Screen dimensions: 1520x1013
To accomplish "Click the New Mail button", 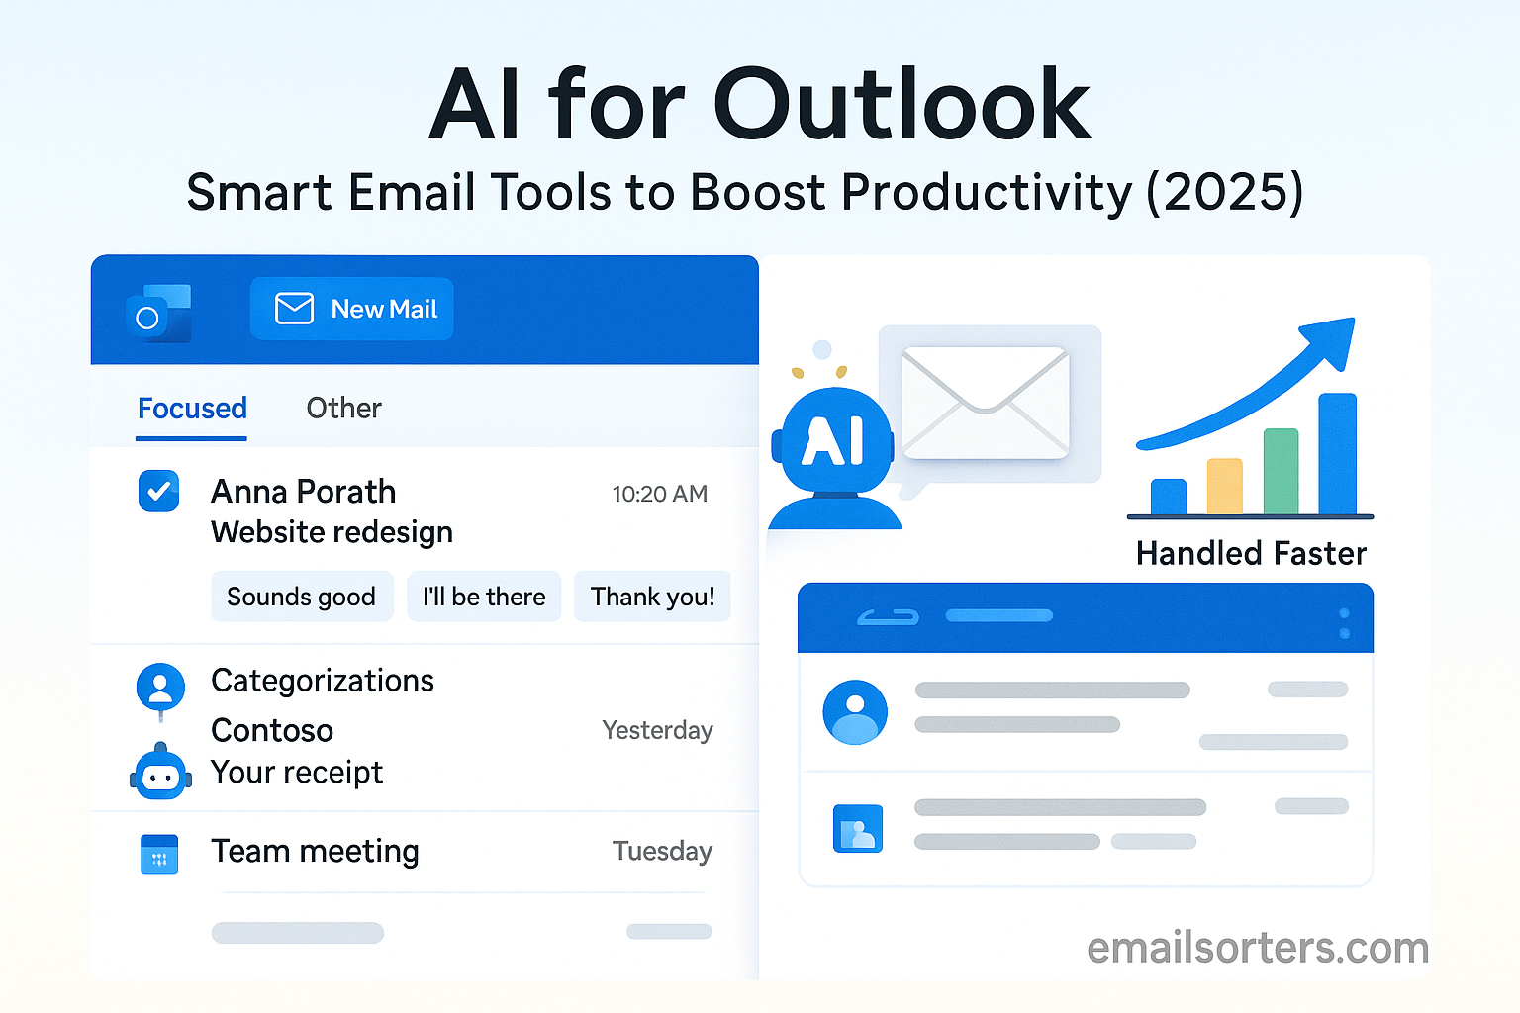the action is pos(351,309).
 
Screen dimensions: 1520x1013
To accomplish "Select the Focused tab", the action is pos(192,409).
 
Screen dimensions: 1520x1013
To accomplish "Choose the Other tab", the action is pos(344,409).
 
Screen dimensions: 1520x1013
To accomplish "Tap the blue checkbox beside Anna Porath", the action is pos(158,491).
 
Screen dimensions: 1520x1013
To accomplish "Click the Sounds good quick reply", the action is pos(302,597).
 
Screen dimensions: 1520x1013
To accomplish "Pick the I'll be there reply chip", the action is pos(484,597).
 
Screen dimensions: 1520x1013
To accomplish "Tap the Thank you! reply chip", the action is pos(652,597).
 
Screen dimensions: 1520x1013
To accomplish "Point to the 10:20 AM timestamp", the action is pos(660,494).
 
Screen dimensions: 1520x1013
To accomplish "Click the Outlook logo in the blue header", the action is pos(158,314).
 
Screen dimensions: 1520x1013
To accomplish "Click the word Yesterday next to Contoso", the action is pos(657,730).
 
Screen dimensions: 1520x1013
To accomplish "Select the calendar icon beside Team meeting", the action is pos(159,854).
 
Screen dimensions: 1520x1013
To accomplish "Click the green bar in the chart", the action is pos(1282,472).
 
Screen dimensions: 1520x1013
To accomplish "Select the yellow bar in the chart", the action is pos(1225,487).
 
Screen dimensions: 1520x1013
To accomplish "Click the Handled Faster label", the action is pos(1251,553).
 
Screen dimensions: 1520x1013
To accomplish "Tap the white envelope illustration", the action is pos(986,403).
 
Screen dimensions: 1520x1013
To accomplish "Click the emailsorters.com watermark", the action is pos(1258,948).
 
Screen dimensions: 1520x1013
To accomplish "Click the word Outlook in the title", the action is pos(902,104).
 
